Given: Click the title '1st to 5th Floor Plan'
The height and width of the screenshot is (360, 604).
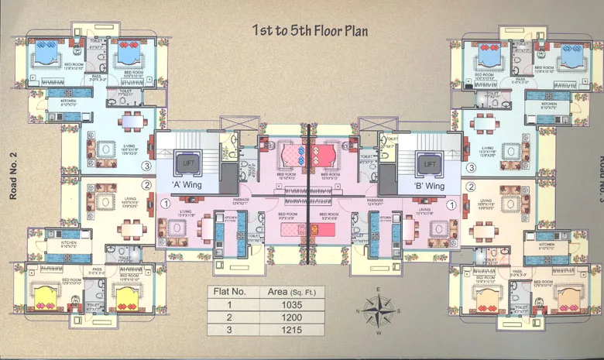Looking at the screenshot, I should pyautogui.click(x=310, y=31).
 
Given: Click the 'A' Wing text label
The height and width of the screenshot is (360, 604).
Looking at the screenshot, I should pyautogui.click(x=189, y=186).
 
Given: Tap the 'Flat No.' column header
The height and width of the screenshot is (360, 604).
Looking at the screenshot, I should pyautogui.click(x=229, y=292).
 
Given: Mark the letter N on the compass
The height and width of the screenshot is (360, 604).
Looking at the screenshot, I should pyautogui.click(x=357, y=312).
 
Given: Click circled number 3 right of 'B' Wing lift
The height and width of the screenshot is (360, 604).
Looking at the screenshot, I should pyautogui.click(x=470, y=167).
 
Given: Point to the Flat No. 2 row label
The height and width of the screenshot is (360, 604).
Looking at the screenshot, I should pyautogui.click(x=229, y=317).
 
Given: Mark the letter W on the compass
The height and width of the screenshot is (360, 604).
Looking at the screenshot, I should pyautogui.click(x=379, y=332).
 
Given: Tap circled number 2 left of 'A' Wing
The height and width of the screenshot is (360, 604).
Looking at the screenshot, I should pyautogui.click(x=145, y=186).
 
